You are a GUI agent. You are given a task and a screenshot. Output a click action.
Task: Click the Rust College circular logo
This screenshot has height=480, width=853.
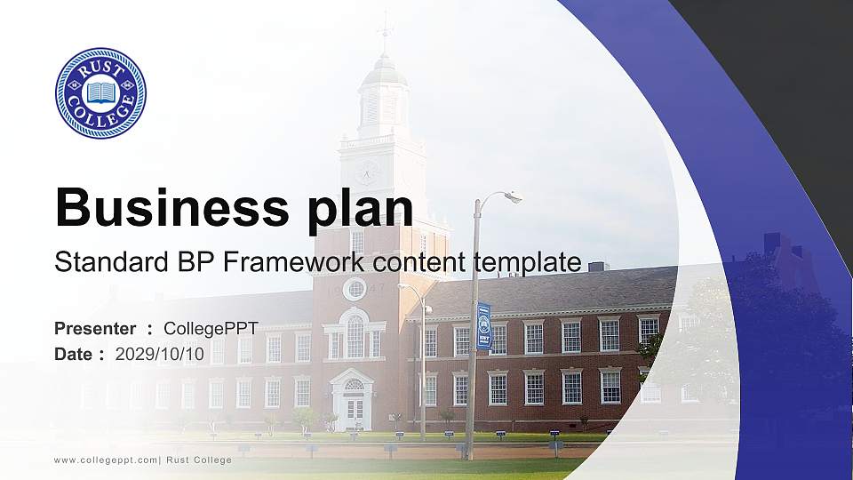[100, 93]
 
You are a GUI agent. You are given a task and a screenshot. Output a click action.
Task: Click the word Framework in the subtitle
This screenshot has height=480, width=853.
[297, 262]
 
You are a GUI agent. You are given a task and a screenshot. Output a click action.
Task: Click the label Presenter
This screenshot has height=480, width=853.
[95, 329]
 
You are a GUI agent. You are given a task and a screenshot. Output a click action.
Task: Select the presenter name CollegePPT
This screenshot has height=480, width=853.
[211, 329]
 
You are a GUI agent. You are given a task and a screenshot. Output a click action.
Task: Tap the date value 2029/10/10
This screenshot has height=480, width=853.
[159, 354]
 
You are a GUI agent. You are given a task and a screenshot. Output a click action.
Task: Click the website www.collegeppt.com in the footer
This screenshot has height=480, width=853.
[106, 460]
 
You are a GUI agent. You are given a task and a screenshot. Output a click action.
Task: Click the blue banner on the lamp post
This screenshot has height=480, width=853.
[483, 326]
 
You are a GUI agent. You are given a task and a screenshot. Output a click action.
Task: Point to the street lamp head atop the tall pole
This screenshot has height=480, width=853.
[511, 196]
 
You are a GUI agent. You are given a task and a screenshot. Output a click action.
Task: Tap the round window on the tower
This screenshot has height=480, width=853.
[355, 289]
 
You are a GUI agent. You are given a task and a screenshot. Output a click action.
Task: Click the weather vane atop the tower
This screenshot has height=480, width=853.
[385, 31]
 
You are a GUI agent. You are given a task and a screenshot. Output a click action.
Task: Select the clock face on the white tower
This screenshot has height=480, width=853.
[366, 171]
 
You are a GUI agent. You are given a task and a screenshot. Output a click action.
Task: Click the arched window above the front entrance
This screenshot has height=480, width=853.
[355, 334]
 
